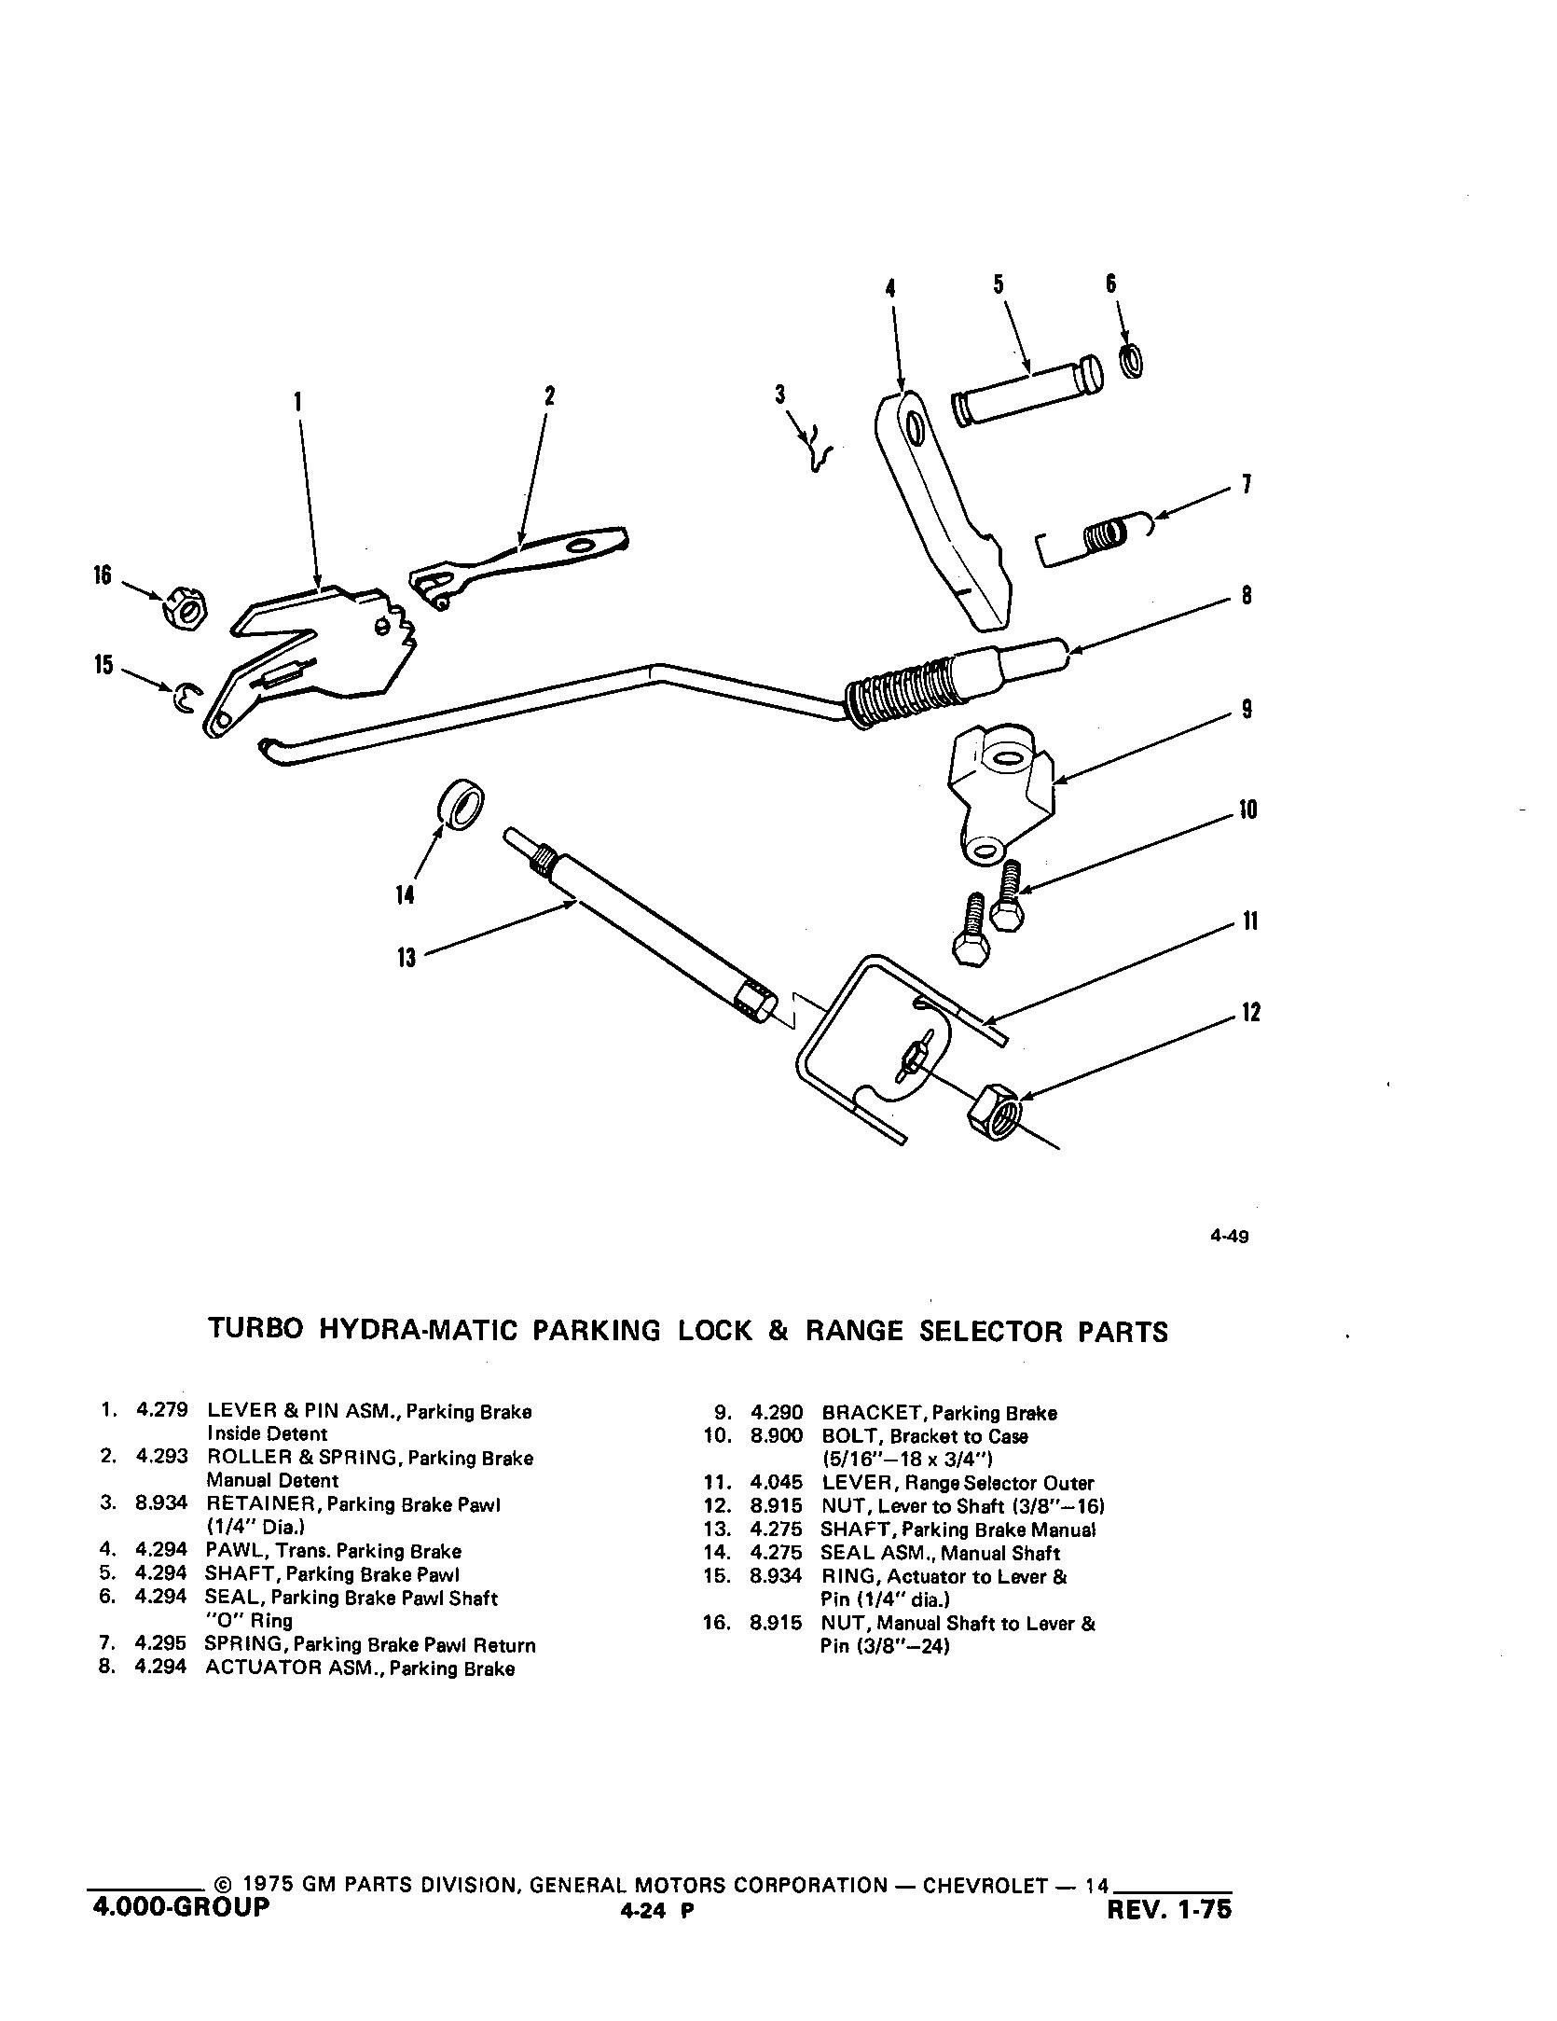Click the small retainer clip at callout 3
[x=818, y=450]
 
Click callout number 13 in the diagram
[x=406, y=958]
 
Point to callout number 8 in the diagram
[x=1247, y=595]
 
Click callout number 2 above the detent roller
[x=549, y=396]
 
